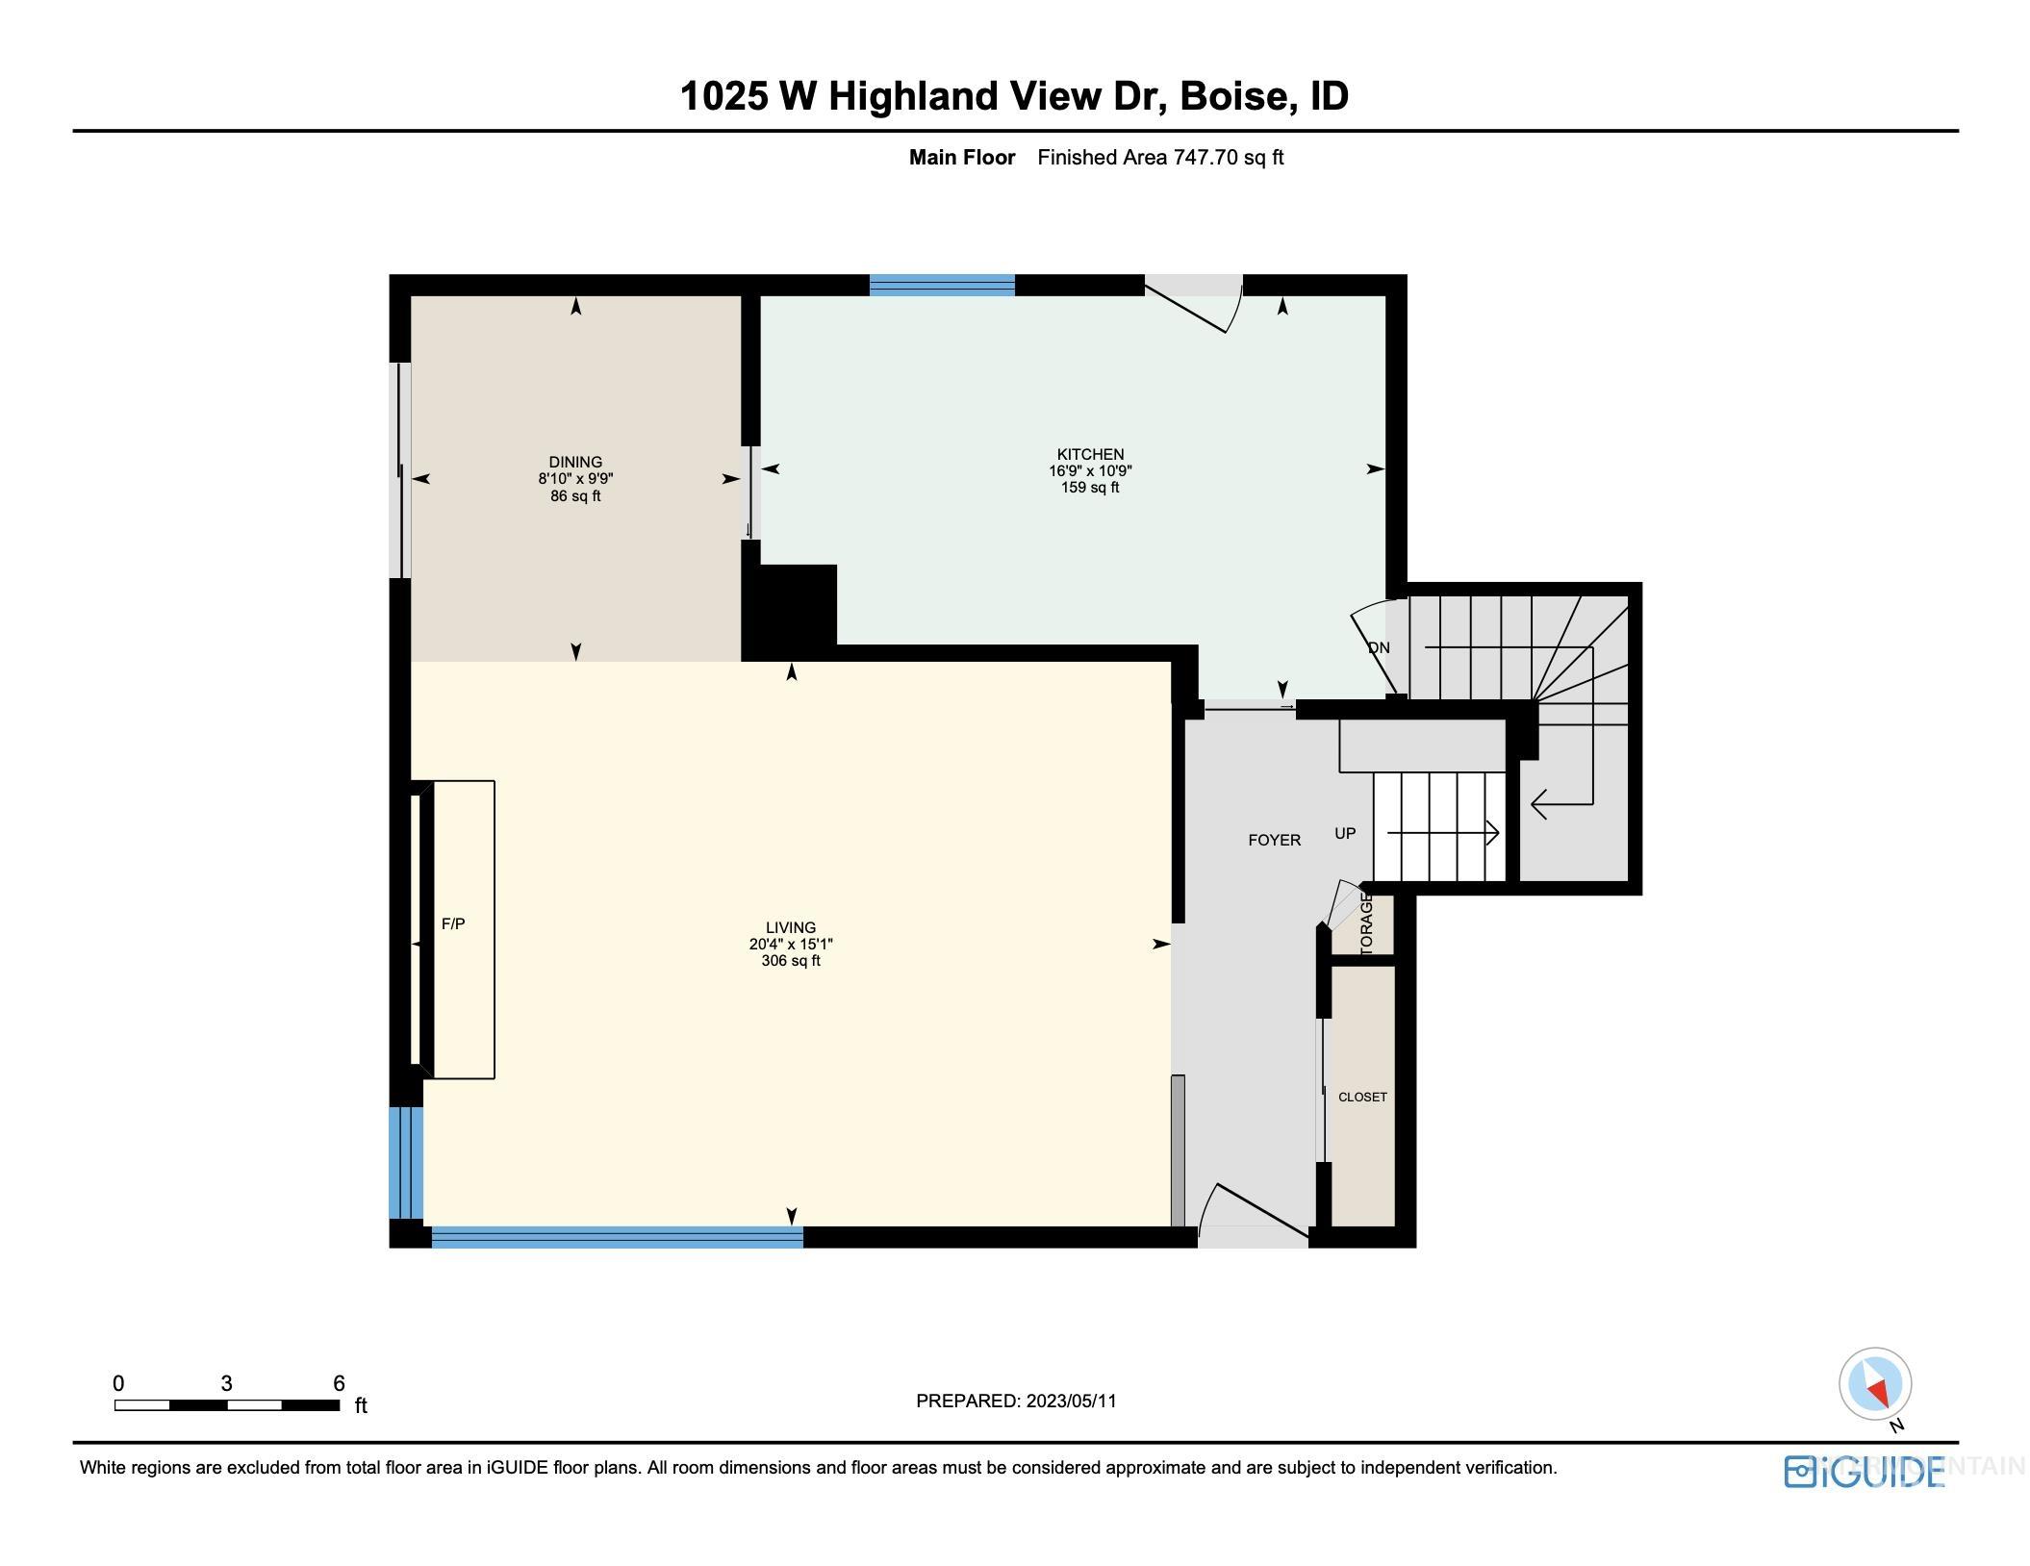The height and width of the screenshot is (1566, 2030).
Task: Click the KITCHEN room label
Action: (1089, 454)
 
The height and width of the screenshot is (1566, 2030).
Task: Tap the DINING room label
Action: (575, 462)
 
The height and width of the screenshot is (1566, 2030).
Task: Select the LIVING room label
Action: (790, 928)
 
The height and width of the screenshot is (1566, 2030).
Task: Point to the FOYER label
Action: (1274, 840)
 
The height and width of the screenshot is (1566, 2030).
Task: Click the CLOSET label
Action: (1362, 1097)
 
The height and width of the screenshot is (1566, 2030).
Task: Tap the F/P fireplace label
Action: (453, 923)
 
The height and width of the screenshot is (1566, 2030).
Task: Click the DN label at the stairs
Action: (1379, 647)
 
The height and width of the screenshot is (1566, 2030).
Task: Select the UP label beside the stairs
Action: (1345, 833)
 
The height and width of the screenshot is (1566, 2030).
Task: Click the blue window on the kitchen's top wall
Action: (942, 285)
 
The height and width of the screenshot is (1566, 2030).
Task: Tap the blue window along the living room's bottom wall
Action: (617, 1237)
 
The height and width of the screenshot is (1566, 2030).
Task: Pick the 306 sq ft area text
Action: (790, 961)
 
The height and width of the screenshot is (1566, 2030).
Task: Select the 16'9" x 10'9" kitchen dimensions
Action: (1089, 471)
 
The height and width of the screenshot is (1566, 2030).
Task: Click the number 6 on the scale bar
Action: (339, 1383)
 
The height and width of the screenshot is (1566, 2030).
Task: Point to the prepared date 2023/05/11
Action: (1071, 1401)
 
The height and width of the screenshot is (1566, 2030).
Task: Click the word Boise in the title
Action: (1233, 95)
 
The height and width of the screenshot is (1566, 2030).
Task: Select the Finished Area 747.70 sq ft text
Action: (1160, 158)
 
